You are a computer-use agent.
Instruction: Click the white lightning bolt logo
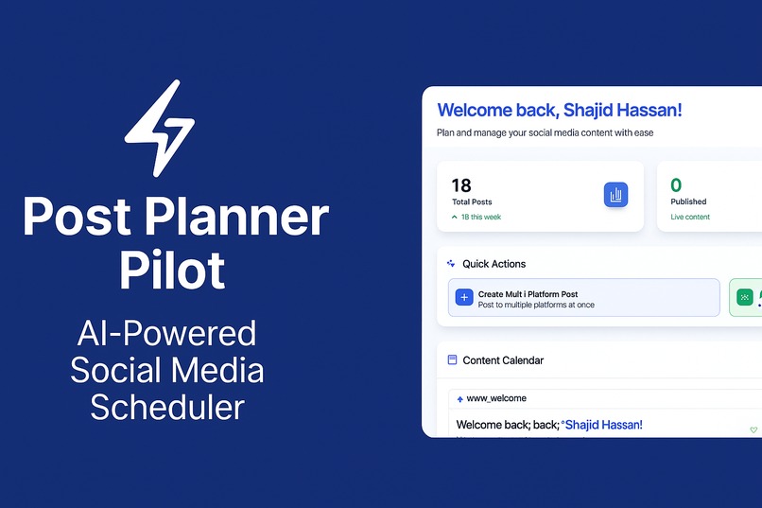pyautogui.click(x=161, y=127)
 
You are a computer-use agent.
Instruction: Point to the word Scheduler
pyautogui.click(x=167, y=406)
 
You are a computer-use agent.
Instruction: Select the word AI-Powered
pyautogui.click(x=167, y=333)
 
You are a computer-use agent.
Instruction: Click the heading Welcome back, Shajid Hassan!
pyautogui.click(x=559, y=111)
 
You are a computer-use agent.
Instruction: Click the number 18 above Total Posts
pyautogui.click(x=461, y=185)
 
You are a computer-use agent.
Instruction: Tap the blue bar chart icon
pyautogui.click(x=615, y=195)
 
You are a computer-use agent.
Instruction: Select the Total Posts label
pyautogui.click(x=472, y=202)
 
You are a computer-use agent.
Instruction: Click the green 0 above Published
pyautogui.click(x=676, y=185)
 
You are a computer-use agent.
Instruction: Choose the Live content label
pyautogui.click(x=690, y=218)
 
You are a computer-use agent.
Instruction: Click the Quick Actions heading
pyautogui.click(x=494, y=264)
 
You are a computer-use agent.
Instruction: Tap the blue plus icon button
pyautogui.click(x=464, y=297)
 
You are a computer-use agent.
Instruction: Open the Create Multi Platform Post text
pyautogui.click(x=528, y=294)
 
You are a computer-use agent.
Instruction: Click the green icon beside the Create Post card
pyautogui.click(x=745, y=297)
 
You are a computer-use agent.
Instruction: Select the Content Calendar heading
pyautogui.click(x=503, y=360)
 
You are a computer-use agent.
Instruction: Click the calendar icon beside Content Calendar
pyautogui.click(x=453, y=360)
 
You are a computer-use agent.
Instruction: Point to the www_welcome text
pyautogui.click(x=496, y=398)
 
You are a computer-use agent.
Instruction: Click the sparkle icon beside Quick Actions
pyautogui.click(x=451, y=264)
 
